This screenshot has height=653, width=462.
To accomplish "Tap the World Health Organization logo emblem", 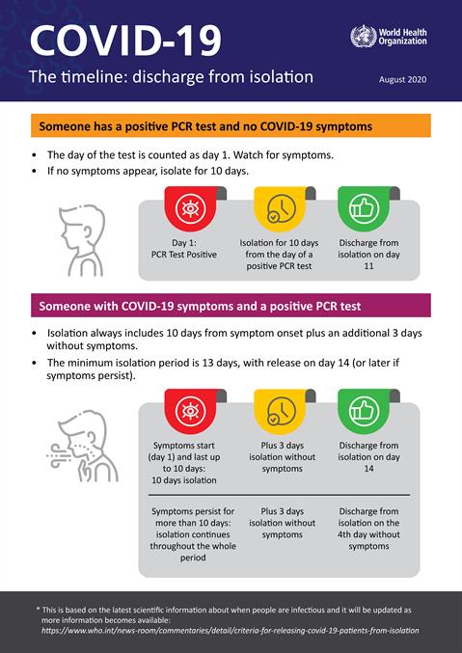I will click(363, 38).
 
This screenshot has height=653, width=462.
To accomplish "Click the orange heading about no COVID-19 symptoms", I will click(204, 126).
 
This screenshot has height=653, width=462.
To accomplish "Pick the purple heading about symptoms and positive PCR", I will click(200, 307).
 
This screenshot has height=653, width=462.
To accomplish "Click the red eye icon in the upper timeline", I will click(190, 208).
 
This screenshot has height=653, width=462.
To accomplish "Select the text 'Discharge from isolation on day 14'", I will click(368, 456).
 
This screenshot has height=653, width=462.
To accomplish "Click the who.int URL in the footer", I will click(230, 630).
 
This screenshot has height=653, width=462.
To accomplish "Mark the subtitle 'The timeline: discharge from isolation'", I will click(170, 77).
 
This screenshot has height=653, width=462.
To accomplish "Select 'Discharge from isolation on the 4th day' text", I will click(368, 528).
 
